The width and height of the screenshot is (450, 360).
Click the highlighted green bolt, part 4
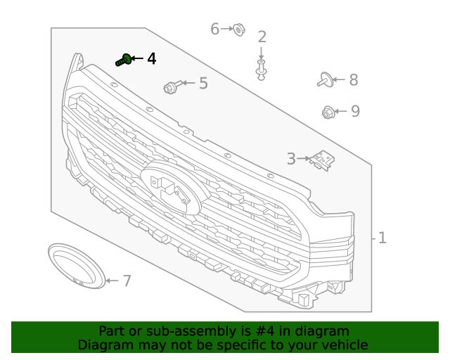[124, 60]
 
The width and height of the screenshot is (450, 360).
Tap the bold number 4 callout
[152, 58]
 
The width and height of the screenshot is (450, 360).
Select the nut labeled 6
[238, 30]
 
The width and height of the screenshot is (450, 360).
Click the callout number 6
[215, 29]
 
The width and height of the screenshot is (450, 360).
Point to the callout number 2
[262, 37]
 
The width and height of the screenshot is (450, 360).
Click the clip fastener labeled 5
[170, 87]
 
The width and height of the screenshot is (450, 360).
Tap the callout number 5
[203, 84]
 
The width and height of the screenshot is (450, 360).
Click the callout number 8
[353, 80]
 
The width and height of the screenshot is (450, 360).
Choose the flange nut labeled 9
[328, 111]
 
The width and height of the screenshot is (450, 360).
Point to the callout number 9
[355, 111]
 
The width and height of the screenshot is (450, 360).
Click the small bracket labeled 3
[323, 160]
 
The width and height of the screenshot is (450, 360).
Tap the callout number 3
[291, 160]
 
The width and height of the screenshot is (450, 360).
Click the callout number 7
[127, 281]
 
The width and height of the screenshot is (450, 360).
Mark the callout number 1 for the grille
[382, 238]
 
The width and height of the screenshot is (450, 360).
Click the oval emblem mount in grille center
[171, 188]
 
